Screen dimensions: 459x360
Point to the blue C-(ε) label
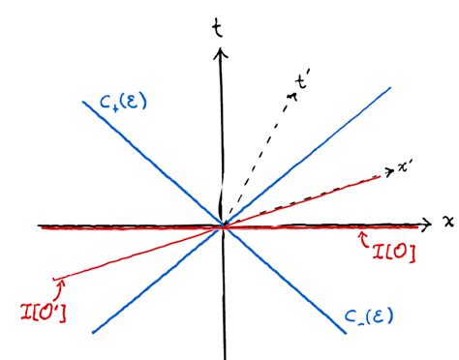pos(372,315)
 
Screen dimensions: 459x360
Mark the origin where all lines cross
pos(224,225)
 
